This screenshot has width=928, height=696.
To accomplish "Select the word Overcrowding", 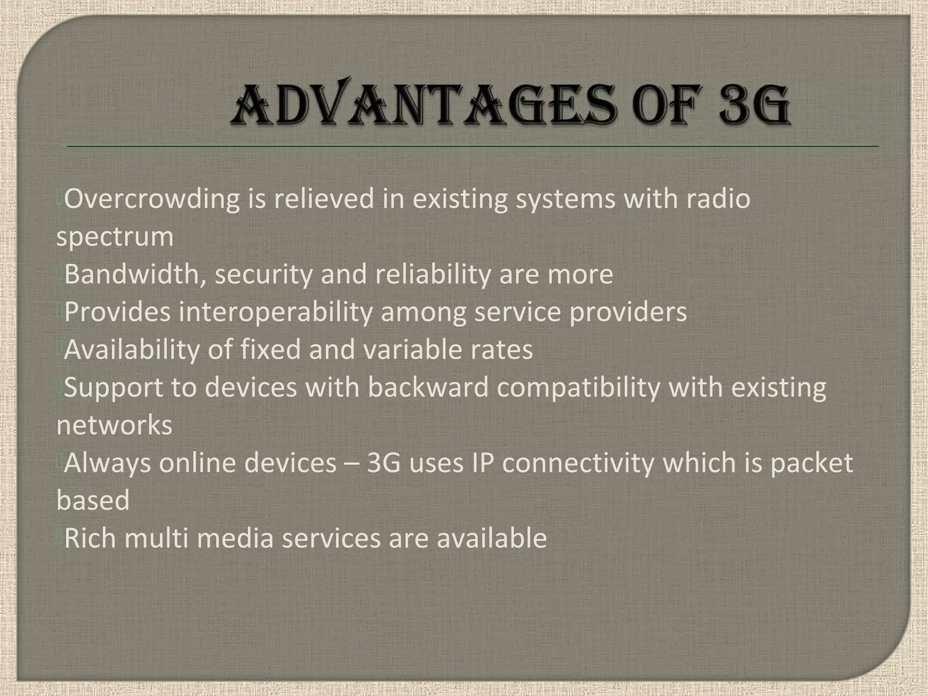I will point(152,199).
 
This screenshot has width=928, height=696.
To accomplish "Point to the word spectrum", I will point(115,237).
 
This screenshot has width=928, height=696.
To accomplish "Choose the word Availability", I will point(132,350).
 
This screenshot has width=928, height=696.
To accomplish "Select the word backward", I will point(428,388).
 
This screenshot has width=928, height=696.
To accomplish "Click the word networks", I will point(114,425).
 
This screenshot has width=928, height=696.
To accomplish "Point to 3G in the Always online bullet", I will point(383,463).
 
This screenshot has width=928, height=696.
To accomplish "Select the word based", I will point(93,500).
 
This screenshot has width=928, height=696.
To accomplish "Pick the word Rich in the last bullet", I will point(90,538).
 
